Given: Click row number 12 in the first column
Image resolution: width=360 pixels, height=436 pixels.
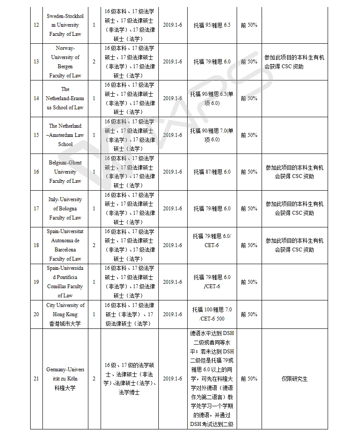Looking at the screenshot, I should click(36, 25).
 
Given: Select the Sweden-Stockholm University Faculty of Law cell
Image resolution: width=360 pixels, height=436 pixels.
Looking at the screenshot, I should click(65, 25).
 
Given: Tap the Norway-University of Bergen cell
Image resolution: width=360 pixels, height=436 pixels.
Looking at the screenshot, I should click(65, 62).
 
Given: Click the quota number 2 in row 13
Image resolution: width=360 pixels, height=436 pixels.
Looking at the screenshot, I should click(94, 62).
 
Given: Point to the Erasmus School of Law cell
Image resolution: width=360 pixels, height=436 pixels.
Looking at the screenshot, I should click(65, 98).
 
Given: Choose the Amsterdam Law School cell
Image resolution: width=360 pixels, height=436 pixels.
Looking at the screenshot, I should click(65, 135).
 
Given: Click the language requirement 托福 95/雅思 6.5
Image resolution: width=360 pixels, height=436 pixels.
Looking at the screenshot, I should click(212, 25).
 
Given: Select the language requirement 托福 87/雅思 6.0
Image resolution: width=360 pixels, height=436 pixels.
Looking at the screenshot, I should click(212, 172).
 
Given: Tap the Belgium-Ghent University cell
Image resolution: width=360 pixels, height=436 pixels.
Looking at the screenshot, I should click(65, 172).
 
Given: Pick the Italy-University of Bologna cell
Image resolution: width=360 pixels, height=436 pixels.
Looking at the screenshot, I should click(65, 209).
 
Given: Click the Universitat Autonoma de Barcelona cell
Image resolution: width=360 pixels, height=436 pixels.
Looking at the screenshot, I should click(65, 245).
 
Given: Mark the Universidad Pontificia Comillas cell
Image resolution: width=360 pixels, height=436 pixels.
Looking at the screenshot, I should click(65, 282).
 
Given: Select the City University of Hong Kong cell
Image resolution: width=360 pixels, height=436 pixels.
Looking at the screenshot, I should click(65, 314).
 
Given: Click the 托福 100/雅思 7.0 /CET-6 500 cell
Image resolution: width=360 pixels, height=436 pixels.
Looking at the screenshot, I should click(212, 314).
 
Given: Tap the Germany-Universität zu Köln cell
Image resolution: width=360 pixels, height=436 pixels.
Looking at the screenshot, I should click(65, 379).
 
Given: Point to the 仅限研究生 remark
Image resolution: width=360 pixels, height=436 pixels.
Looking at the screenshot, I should click(294, 379).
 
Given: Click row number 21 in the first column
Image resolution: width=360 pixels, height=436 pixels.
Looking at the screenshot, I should click(36, 379).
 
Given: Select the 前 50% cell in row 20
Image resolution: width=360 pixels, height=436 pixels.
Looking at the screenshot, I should click(249, 314).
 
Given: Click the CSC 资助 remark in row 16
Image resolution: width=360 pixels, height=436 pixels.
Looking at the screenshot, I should click(294, 172).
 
